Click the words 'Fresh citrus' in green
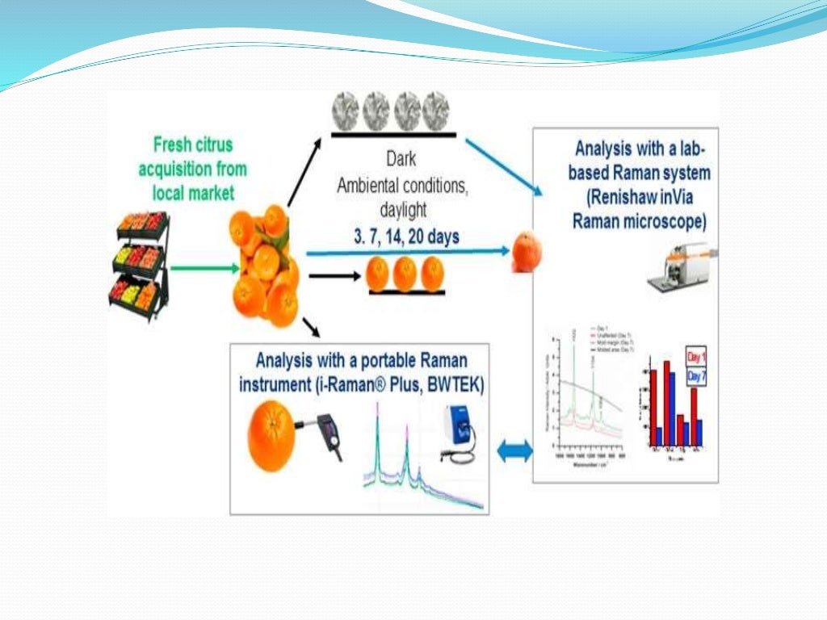(193, 145)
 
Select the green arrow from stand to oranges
(202, 267)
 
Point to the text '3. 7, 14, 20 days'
(406, 237)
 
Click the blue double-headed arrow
(514, 451)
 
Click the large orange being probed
(272, 439)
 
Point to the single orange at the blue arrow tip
(527, 251)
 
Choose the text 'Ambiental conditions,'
(402, 186)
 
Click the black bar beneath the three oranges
(406, 292)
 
